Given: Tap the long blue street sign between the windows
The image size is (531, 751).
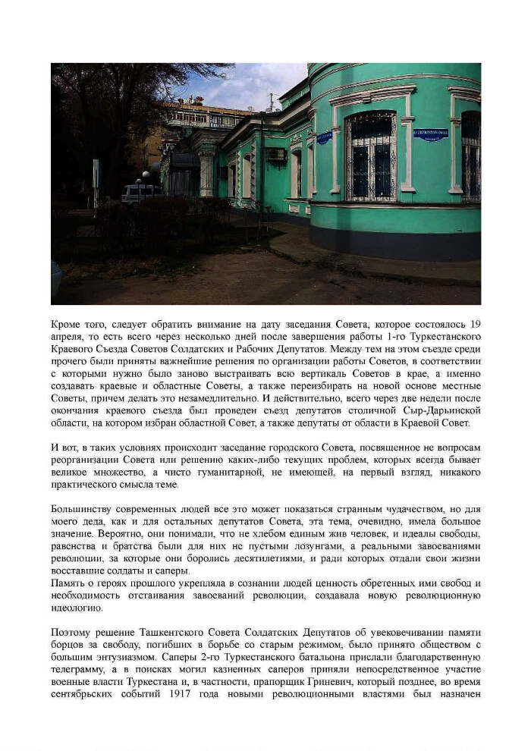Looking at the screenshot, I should coord(430,134).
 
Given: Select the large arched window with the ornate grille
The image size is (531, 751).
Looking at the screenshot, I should coord(371,156).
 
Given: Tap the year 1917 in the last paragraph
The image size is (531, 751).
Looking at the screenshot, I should coord(193,694).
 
